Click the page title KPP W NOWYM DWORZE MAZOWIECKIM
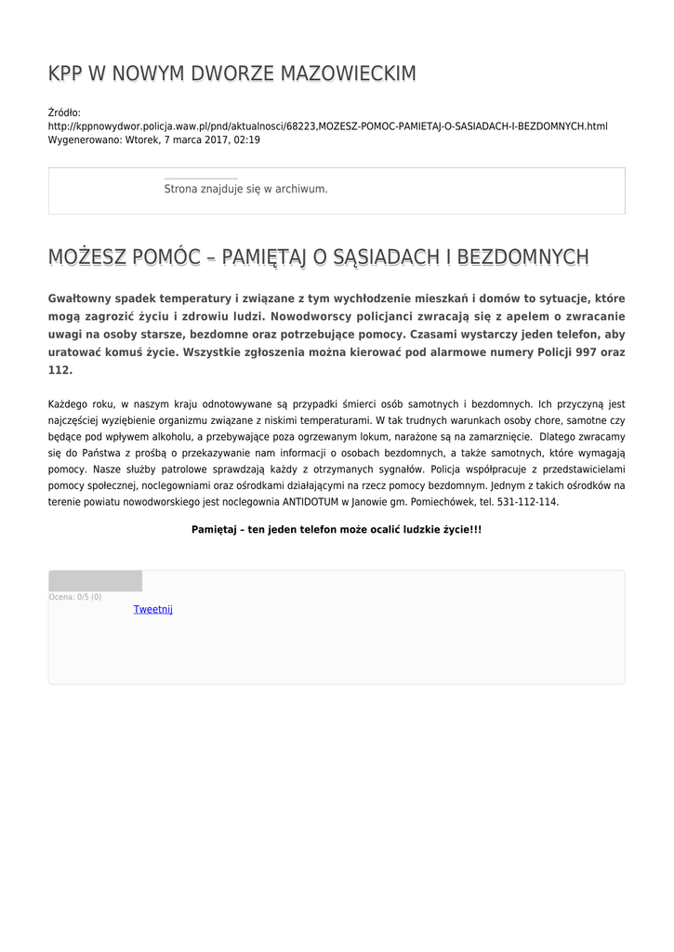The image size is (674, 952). (x=232, y=74)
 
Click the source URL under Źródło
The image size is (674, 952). (x=327, y=126)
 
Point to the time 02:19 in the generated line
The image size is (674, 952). (x=246, y=140)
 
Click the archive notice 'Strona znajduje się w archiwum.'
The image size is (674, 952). (x=245, y=189)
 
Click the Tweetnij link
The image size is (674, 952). (x=153, y=610)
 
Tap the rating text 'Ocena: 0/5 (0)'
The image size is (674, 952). (x=75, y=597)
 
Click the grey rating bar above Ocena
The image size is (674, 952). (x=95, y=582)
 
